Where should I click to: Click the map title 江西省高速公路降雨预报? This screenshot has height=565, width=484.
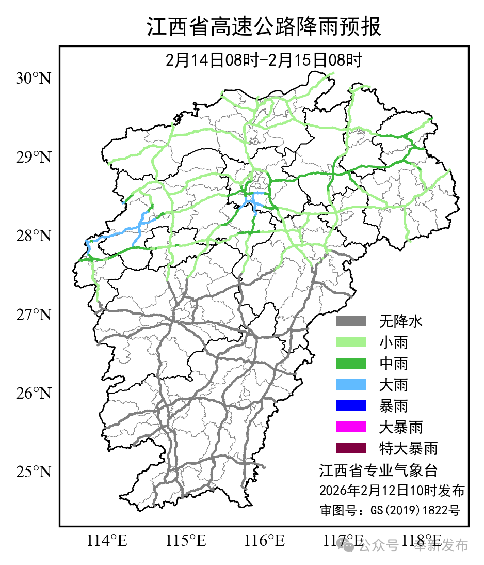point(264,27)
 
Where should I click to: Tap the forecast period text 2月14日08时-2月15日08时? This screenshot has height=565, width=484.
point(264,60)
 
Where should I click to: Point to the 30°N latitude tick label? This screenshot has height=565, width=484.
point(34,79)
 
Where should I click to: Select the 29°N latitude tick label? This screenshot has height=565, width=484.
point(34,158)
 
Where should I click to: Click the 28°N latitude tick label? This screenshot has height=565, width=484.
point(34,236)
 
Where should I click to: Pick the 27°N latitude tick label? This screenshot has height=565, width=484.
point(34,315)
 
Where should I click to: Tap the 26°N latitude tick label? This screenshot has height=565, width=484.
point(34,394)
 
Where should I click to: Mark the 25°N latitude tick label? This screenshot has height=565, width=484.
point(34,472)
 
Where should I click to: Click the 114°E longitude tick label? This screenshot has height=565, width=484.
point(107,541)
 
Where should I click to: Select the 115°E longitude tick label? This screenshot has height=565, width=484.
point(186,541)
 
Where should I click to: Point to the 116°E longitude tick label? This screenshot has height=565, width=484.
point(265,541)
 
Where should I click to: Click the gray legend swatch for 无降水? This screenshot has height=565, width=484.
point(351,321)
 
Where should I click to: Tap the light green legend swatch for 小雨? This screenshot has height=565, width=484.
point(351,342)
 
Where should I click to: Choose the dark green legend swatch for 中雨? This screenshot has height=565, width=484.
point(351,364)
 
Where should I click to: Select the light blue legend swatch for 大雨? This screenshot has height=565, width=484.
point(351,385)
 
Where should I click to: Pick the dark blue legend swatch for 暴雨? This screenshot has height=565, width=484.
point(351,406)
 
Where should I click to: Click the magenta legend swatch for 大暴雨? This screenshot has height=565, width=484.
point(351,427)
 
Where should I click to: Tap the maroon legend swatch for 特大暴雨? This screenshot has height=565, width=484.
point(351,448)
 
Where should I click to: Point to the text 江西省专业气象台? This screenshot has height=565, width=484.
point(378,470)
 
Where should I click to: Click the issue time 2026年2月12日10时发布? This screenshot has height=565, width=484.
point(392,490)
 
